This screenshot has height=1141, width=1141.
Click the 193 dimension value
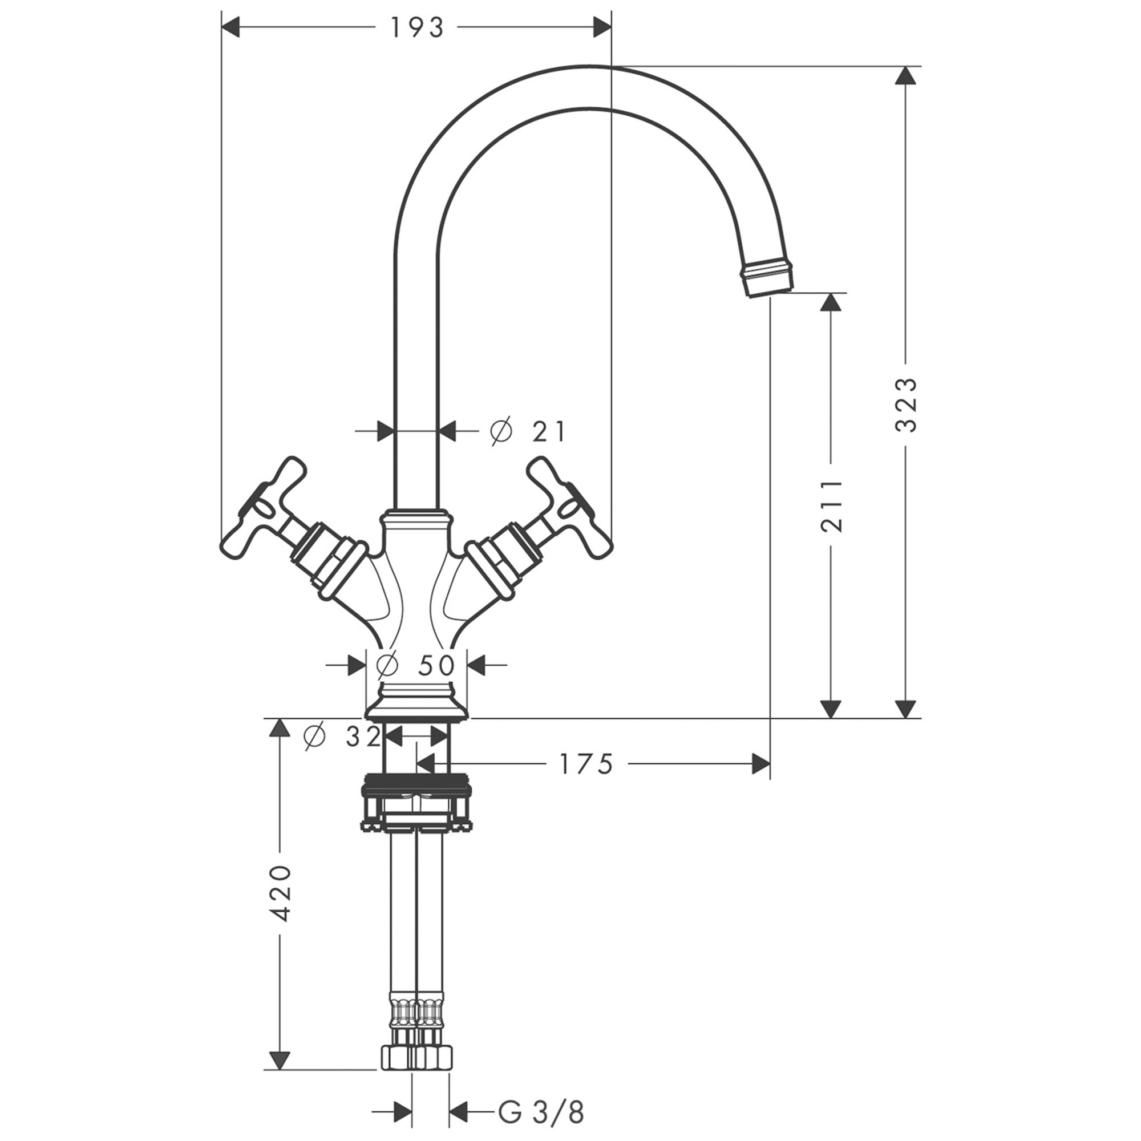click(416, 28)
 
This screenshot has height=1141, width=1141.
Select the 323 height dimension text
click(905, 404)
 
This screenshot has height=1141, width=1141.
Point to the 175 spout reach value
click(586, 764)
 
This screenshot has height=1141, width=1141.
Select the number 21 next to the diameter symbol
click(549, 432)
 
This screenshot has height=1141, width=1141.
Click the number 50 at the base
click(436, 666)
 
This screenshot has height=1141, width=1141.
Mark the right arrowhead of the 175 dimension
click(761, 764)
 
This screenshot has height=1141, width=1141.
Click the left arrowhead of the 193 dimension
click(230, 27)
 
